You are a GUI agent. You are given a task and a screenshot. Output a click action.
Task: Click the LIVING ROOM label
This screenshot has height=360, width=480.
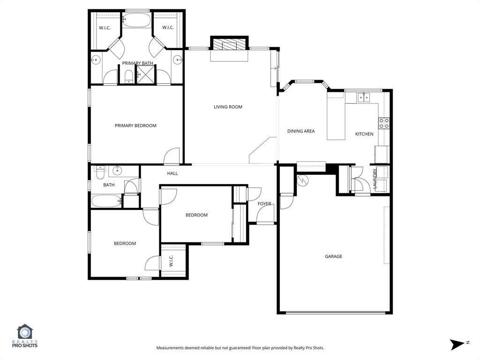pos(228,107)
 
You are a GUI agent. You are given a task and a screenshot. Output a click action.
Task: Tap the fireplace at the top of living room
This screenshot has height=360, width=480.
pos(228,45)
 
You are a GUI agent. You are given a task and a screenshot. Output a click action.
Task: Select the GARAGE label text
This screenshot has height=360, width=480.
pos(333,256)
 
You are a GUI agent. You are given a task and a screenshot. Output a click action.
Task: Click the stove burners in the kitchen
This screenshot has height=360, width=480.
pos(384,123)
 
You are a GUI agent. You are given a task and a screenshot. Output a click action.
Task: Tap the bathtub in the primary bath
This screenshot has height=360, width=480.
pos(137,20)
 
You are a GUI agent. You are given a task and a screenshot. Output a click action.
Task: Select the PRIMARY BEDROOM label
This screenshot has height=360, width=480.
pos(135,126)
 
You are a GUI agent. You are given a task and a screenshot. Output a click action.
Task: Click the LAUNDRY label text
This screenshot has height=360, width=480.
pos(375,179)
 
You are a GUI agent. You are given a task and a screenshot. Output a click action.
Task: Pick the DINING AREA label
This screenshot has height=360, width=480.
pos(301,131)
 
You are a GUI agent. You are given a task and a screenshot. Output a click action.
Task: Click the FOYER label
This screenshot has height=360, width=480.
pos(264,204)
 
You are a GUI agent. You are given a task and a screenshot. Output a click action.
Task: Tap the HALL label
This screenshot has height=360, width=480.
pos(172,173)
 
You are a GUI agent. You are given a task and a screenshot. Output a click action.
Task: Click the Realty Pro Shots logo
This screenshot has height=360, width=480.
pos(26,336)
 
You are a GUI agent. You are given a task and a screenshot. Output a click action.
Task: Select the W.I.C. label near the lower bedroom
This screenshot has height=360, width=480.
pos(171,261)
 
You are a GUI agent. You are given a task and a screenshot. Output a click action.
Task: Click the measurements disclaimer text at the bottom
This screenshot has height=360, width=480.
pos(240,348)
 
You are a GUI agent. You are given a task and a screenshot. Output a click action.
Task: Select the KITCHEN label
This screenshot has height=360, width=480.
pos(364,134)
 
